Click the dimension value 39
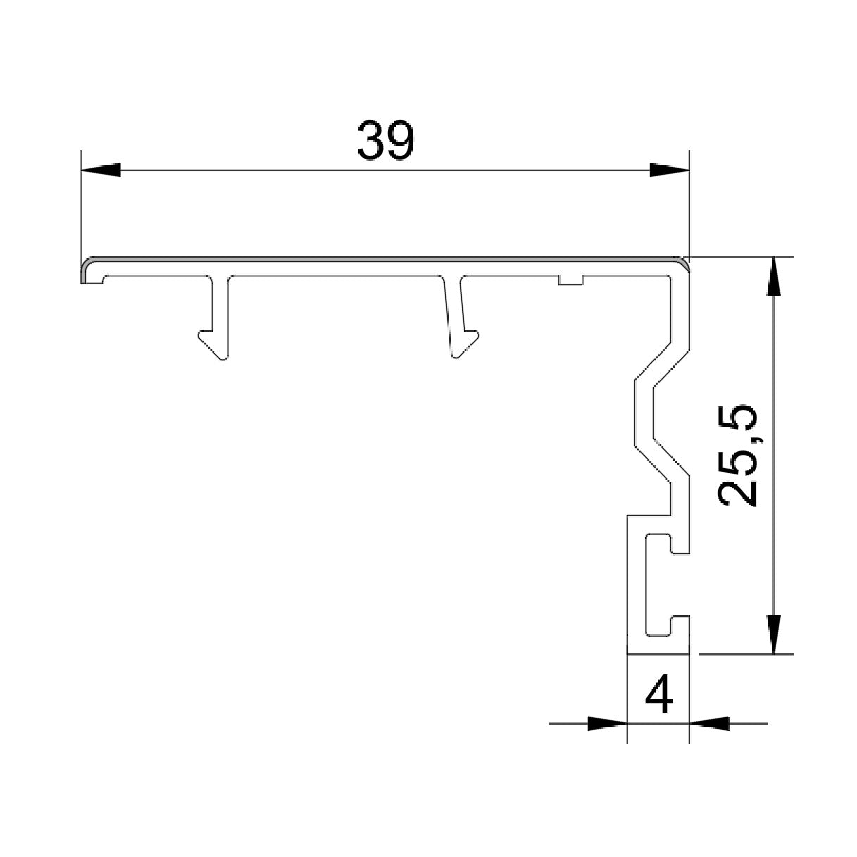(386, 141)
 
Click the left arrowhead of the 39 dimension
(101, 170)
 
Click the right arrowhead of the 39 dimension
(668, 170)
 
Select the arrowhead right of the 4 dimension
(708, 722)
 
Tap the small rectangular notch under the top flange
(570, 281)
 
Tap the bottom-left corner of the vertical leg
(628, 644)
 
